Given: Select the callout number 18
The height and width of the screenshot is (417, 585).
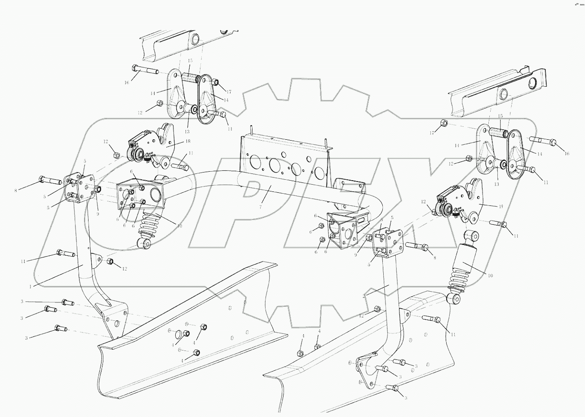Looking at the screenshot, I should pyautogui.click(x=175, y=141).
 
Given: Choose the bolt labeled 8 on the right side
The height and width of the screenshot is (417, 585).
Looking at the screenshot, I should pyautogui.click(x=418, y=246).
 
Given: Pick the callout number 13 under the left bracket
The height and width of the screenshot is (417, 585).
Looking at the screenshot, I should pyautogui.click(x=186, y=131).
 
